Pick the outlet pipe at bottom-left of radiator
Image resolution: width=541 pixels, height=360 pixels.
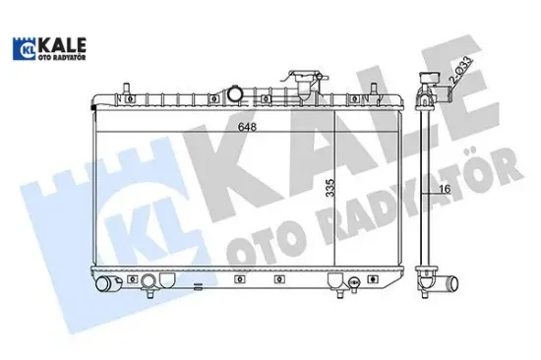pyautogui.click(x=105, y=286)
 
